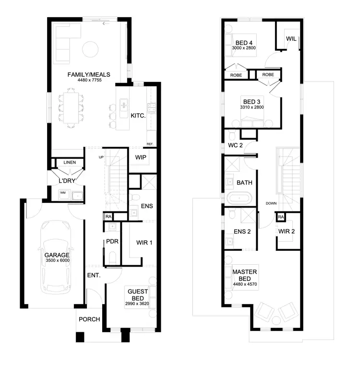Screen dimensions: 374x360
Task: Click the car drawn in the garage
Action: [57, 257]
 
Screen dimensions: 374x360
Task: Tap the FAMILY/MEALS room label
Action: [89, 75]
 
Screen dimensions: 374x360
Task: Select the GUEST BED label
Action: [136, 294]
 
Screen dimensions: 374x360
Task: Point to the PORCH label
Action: [89, 320]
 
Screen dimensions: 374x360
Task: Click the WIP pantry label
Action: [141, 158]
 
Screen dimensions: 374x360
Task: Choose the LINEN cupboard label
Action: [70, 163]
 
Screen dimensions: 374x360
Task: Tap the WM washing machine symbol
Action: [62, 193]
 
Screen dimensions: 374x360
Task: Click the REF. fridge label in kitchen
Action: [150, 144]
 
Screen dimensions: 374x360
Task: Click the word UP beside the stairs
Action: [101, 157]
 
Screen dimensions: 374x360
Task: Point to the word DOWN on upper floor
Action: [271, 203]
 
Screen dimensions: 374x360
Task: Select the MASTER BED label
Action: [244, 275]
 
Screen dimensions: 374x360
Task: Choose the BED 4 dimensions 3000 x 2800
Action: [244, 49]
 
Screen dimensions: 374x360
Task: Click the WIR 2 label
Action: [287, 232]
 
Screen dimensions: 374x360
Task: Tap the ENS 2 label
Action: [242, 232]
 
